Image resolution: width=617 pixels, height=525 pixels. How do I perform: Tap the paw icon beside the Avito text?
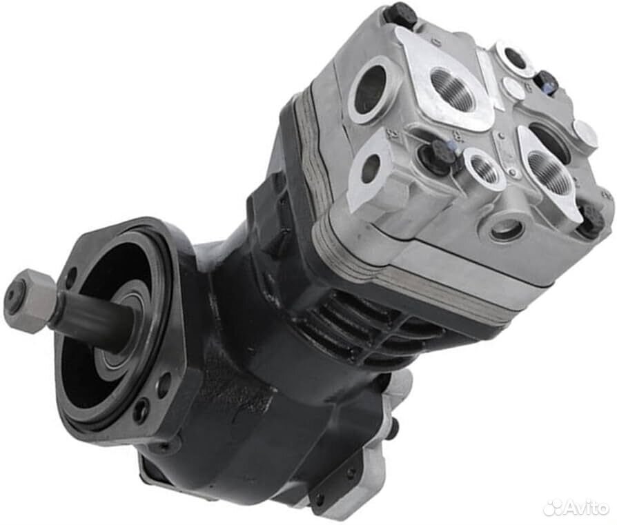[551, 508]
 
